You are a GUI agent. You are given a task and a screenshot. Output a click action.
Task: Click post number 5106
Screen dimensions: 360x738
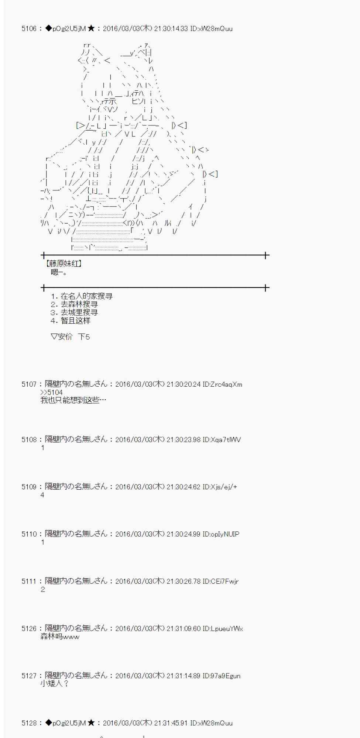(29, 28)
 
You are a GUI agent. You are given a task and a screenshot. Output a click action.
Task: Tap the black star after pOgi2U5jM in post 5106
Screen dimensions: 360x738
(91, 28)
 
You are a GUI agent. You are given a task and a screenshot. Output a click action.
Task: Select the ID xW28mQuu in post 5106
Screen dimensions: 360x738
(211, 28)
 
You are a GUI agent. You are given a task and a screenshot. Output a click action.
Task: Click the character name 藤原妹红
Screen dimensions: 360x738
(64, 263)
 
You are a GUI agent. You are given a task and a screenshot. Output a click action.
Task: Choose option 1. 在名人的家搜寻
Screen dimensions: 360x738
(82, 296)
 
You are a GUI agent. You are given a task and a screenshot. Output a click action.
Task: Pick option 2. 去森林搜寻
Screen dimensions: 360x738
(74, 304)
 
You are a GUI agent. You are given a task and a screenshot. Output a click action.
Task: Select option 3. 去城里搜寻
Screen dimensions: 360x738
(74, 312)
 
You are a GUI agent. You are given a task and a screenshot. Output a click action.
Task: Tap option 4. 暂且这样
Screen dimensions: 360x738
(71, 320)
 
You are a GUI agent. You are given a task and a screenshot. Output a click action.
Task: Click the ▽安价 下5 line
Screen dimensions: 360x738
(70, 337)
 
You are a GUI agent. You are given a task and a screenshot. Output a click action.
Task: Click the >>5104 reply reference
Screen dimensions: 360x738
(51, 392)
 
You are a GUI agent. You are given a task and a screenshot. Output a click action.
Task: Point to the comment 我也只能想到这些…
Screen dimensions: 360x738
(73, 400)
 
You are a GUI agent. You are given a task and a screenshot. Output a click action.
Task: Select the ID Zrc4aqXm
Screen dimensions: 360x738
(222, 384)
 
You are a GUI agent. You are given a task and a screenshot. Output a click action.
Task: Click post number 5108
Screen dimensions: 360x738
(29, 439)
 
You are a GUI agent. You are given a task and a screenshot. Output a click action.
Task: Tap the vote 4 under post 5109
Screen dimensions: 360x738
(42, 495)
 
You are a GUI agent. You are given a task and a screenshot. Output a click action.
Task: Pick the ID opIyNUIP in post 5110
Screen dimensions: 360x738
(221, 534)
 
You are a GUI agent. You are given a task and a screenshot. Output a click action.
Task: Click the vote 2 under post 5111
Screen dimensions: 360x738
(42, 589)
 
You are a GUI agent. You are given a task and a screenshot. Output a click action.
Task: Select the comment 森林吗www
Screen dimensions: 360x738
(59, 637)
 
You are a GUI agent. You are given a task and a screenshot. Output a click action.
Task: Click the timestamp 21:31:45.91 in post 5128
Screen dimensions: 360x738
(170, 723)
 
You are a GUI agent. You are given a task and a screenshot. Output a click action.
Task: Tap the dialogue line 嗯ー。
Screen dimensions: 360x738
(59, 272)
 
